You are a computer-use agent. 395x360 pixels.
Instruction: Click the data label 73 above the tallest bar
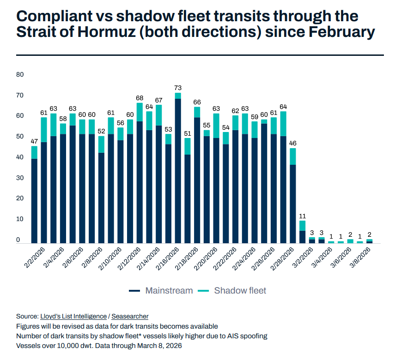(178, 88)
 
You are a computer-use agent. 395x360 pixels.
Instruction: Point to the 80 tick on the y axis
(19, 75)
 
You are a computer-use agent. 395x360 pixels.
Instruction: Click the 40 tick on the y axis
(19, 157)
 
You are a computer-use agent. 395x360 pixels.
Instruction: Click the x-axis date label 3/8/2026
(361, 258)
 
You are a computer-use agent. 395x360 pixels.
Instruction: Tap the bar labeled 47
(34, 198)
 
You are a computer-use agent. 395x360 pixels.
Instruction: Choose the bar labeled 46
(293, 203)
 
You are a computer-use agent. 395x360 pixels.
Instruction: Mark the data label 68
(140, 98)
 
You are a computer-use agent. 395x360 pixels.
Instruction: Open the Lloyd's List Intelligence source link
(73, 316)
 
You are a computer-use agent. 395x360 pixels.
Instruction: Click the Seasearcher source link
(130, 316)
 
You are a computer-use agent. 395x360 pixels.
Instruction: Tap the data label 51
(188, 134)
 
